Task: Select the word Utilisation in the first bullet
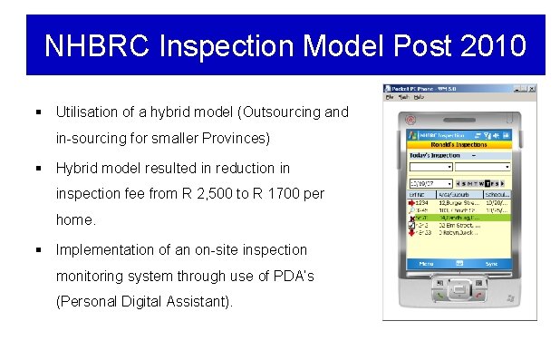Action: pyautogui.click(x=87, y=113)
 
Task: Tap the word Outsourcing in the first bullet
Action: pyautogui.click(x=285, y=113)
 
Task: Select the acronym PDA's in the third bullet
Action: pyautogui.click(x=290, y=276)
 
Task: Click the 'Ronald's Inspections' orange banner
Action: pyautogui.click(x=459, y=144)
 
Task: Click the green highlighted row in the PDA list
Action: pyautogui.click(x=459, y=218)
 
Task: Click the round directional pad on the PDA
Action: pyautogui.click(x=459, y=289)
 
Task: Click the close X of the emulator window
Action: pyautogui.click(x=531, y=89)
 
